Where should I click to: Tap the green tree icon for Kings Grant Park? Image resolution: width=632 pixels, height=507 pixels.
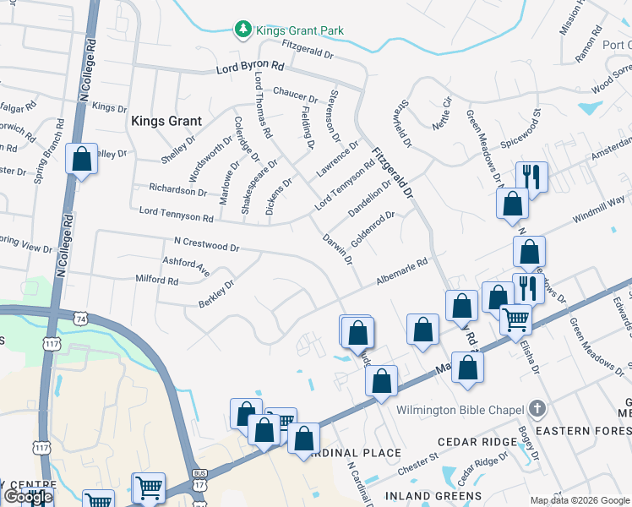click(x=243, y=30)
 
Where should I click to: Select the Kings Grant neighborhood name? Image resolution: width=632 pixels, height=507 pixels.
click(x=166, y=121)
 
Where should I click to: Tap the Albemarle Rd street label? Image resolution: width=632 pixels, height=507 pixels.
click(x=402, y=275)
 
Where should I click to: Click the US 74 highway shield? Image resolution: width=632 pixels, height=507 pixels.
click(x=79, y=319)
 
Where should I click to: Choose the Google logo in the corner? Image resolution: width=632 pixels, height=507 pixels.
click(x=27, y=497)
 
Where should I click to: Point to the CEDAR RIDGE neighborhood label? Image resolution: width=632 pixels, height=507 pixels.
click(x=477, y=442)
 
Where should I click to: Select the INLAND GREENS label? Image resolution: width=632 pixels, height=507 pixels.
click(x=433, y=495)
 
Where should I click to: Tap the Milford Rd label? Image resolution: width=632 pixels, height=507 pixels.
click(x=157, y=279)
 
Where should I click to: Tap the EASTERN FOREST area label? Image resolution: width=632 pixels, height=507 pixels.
click(x=581, y=431)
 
